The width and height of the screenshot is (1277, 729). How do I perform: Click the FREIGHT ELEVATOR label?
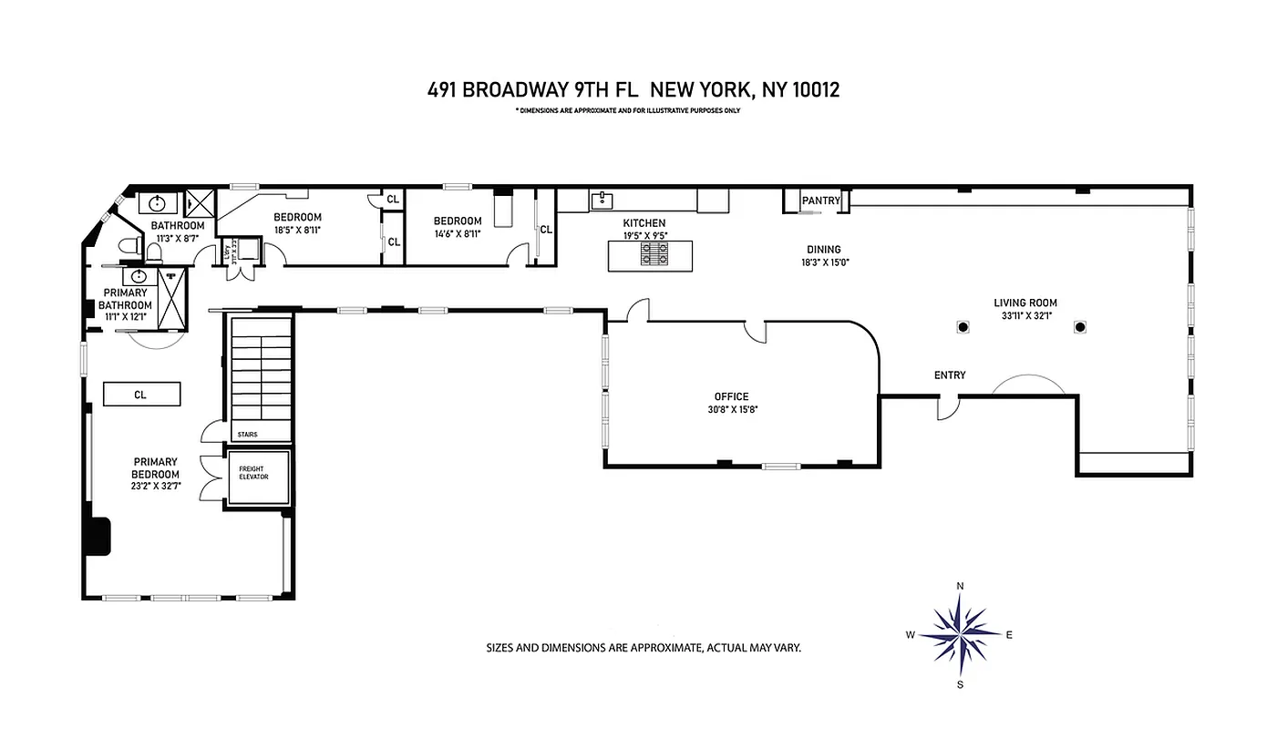pos(252,473)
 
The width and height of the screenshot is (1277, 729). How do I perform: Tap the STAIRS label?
pos(247,435)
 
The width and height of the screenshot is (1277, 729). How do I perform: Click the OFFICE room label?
pos(731,396)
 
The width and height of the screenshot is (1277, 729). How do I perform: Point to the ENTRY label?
pos(949,375)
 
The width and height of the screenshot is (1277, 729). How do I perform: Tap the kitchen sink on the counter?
pos(601,200)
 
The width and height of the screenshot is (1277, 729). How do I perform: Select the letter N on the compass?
pos(960,586)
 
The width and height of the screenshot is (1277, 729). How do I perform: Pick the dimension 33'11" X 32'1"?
pos(1025,316)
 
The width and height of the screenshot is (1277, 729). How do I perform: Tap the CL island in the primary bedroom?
pos(140,395)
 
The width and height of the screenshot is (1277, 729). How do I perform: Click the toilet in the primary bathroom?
pos(131,244)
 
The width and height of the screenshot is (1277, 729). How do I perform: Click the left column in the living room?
pos(962,327)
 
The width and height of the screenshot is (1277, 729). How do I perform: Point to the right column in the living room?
pos(1080,327)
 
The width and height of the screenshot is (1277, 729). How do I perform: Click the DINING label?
pos(823,250)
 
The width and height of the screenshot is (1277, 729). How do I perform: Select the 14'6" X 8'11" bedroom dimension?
pos(457,233)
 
